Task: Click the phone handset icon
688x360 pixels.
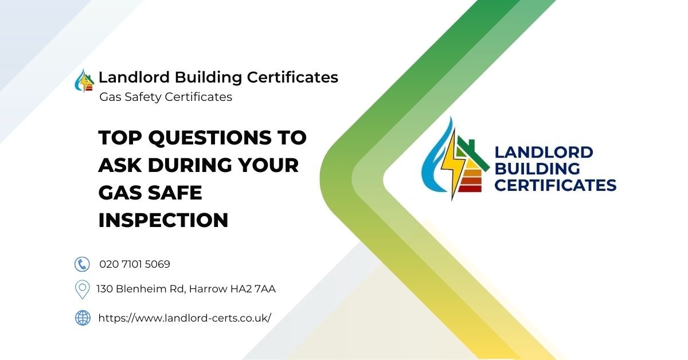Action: point(83,264)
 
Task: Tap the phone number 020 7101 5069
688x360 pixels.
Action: point(135,264)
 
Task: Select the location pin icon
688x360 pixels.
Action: point(83,289)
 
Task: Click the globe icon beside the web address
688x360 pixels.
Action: point(83,318)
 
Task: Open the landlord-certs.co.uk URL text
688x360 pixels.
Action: point(185,318)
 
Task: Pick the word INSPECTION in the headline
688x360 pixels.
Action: point(163,220)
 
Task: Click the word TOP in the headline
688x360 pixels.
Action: point(119,138)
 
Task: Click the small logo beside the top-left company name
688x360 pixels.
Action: point(84,81)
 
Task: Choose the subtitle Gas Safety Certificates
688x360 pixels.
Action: point(166,97)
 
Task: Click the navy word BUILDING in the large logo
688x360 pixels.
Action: point(537,169)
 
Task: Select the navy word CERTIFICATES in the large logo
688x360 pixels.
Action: point(555,185)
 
